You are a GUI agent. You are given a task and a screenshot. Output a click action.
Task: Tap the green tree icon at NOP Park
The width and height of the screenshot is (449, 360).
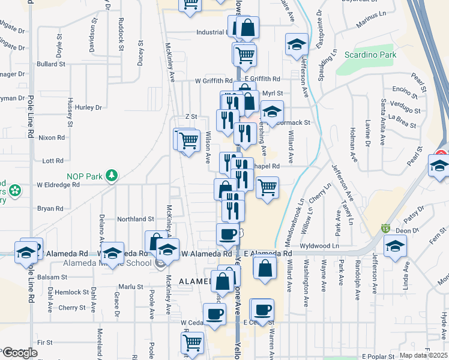coord(110,176)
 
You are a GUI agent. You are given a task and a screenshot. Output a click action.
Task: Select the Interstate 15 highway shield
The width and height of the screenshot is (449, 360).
coord(385,229)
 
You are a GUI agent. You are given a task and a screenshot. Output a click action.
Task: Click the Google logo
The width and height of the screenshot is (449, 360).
coord(20,353)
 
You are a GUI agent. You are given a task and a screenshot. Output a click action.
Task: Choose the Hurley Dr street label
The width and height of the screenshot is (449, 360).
coord(89,107)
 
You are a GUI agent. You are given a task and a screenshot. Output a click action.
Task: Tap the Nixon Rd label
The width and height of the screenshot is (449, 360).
coord(51,137)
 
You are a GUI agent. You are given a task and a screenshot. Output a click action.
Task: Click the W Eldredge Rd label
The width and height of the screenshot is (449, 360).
coord(58,185)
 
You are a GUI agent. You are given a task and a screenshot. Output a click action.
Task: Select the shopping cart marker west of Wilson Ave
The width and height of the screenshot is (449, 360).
coord(189,140)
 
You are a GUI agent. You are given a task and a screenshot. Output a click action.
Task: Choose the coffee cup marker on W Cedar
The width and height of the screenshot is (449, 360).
coord(214,314)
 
